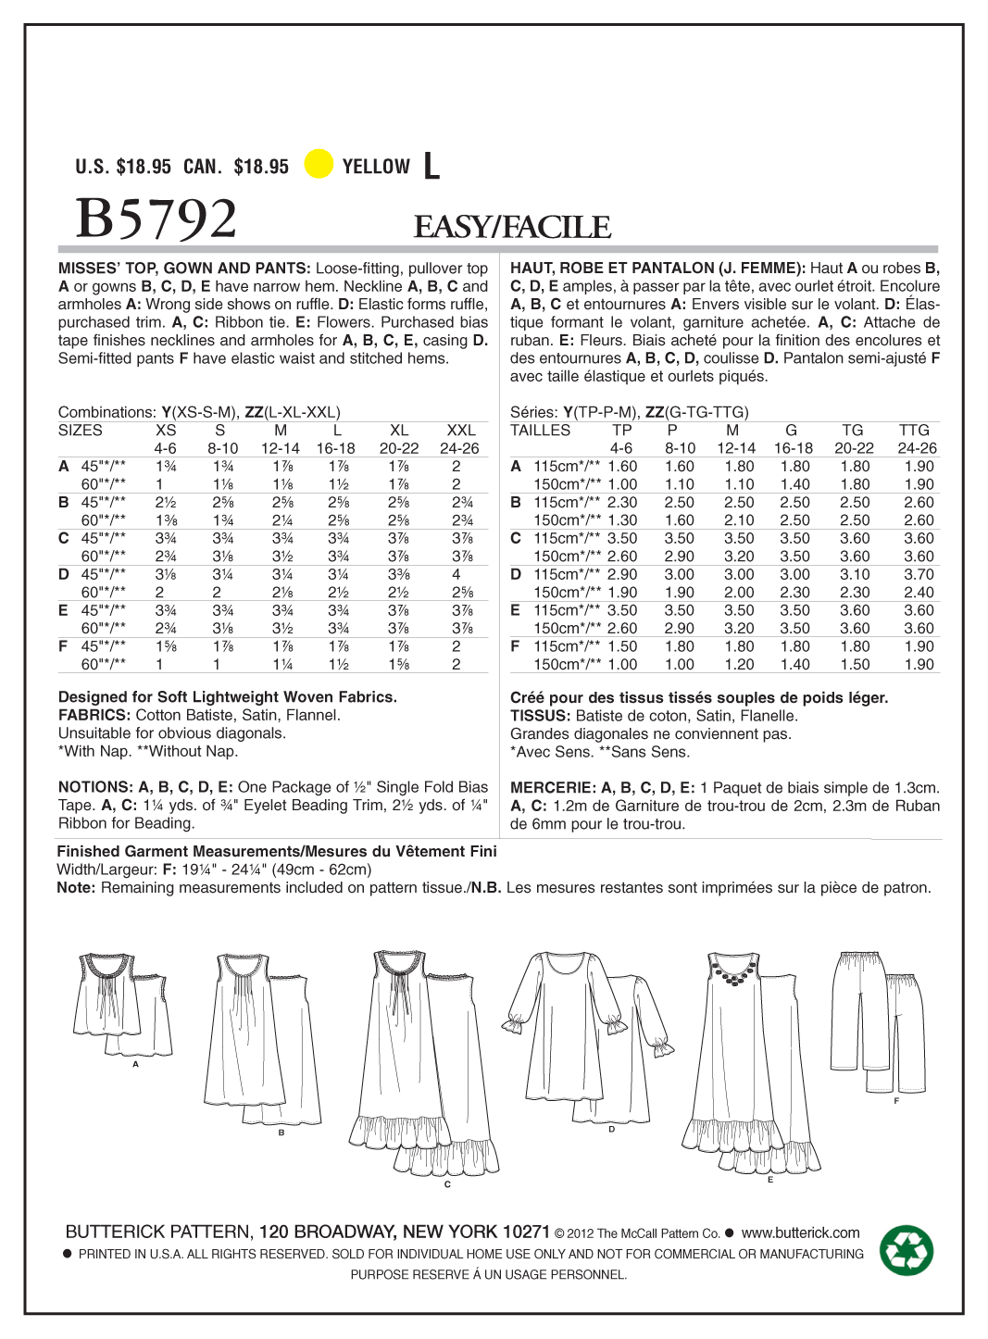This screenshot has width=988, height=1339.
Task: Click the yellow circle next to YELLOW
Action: point(319,164)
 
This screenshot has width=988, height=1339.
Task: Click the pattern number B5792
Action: point(156,219)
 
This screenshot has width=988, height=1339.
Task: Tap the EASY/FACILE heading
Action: point(512,227)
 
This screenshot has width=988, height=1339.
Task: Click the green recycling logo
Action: point(907,1251)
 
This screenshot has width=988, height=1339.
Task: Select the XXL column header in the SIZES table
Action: point(460,431)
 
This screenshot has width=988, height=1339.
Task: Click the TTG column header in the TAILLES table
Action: point(914,431)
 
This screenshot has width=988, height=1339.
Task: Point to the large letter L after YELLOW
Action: point(431,167)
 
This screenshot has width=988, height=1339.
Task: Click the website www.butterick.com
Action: point(800,1233)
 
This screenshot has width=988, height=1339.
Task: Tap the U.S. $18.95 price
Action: point(123,167)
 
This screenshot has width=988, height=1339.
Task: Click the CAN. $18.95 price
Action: point(236,167)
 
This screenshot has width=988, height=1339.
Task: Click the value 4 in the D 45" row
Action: point(456,574)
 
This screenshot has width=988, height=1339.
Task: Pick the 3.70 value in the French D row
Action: point(919,574)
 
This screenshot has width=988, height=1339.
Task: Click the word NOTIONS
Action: point(94,787)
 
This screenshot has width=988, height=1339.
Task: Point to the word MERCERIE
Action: point(552,788)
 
